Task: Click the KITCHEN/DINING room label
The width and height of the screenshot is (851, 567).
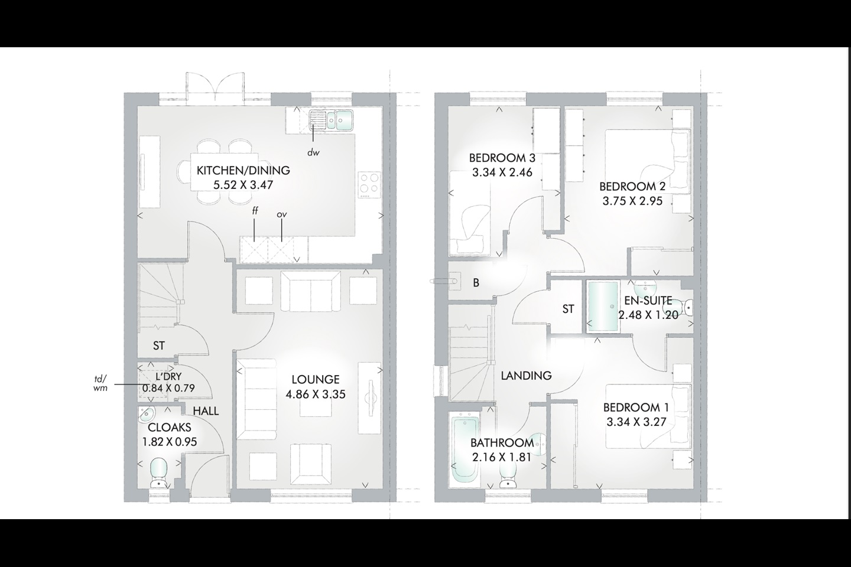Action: click(243, 170)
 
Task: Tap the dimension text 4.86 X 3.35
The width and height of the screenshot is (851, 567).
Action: click(316, 394)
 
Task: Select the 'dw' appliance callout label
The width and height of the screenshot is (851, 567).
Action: click(313, 152)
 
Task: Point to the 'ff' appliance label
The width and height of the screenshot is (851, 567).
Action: click(255, 211)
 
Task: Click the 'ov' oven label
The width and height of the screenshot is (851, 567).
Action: click(281, 215)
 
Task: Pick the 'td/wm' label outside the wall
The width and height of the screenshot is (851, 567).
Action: click(100, 383)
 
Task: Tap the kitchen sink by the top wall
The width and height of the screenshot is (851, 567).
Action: click(332, 120)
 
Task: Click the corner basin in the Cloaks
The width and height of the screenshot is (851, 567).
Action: click(146, 415)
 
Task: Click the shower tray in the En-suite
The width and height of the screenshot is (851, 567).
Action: click(603, 307)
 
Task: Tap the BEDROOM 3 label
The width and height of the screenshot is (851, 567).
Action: click(502, 158)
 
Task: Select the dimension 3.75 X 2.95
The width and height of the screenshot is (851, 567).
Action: click(632, 201)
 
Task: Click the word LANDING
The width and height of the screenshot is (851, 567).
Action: click(526, 376)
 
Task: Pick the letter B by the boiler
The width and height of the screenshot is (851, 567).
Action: click(476, 283)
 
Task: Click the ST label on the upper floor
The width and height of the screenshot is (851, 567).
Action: click(569, 309)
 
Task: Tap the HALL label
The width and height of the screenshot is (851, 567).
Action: click(206, 411)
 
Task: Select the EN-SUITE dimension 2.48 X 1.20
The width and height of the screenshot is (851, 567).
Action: click(648, 315)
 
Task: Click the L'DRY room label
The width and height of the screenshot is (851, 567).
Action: click(168, 377)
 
